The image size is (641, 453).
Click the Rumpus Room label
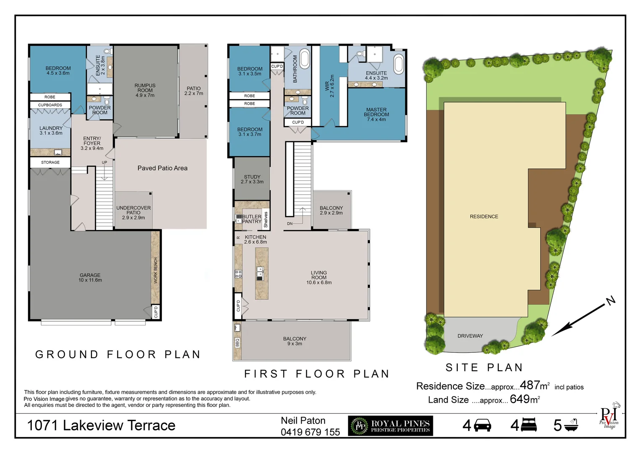point(145,90)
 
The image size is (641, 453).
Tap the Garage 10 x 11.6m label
point(90,278)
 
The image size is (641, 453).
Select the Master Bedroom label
point(376,115)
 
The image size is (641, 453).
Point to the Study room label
point(252,179)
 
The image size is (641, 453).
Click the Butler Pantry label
point(252,219)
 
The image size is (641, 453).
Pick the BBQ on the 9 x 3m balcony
point(237,343)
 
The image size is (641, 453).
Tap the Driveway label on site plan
point(470,336)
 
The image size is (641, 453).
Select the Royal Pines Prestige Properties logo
point(390,426)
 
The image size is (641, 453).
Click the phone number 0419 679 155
point(310,432)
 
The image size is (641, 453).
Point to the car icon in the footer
point(482,425)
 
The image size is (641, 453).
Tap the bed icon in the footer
point(529,425)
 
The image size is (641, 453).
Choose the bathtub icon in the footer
point(571,425)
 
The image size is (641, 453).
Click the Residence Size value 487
point(530,385)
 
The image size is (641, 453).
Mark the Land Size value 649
point(520,399)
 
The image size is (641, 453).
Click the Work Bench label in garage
point(156,271)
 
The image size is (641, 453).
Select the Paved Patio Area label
point(162,168)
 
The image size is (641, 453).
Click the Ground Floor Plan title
point(118,354)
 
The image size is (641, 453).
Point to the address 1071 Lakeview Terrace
point(101,425)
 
